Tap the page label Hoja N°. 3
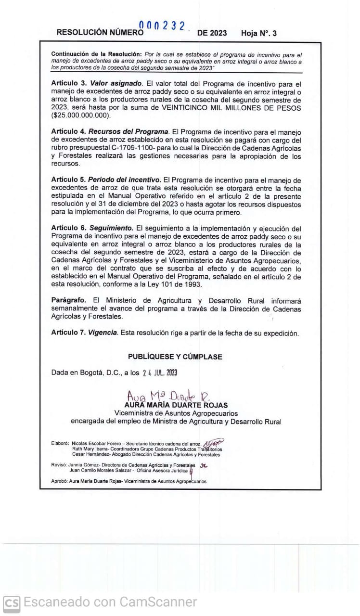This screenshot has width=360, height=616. [259, 33]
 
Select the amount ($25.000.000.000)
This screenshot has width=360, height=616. [80, 116]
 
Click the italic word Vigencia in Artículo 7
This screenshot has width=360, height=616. [103, 333]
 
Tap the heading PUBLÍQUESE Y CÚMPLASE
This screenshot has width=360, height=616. [175, 357]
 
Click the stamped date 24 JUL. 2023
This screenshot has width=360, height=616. [160, 372]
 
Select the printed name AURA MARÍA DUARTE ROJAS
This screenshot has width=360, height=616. [176, 405]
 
